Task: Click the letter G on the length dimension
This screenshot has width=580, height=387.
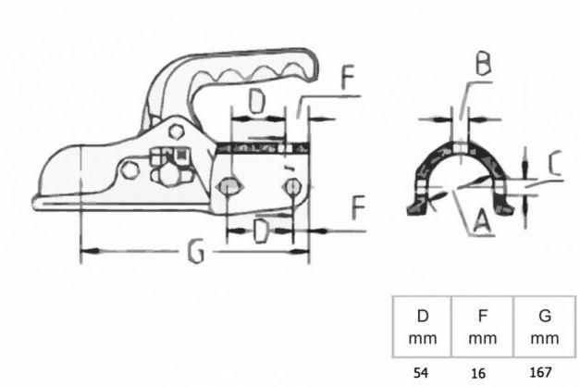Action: click(196, 251)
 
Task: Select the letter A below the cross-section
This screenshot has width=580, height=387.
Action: click(482, 221)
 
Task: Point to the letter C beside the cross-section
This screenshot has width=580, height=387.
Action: click(554, 163)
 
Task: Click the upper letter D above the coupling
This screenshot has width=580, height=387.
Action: click(257, 102)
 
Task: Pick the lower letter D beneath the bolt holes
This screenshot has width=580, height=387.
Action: click(261, 231)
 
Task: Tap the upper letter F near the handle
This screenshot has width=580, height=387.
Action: click(348, 77)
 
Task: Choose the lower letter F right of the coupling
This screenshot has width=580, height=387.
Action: click(358, 207)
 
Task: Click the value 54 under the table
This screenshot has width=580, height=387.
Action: click(421, 372)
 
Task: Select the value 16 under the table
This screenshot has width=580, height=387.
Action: click(478, 373)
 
